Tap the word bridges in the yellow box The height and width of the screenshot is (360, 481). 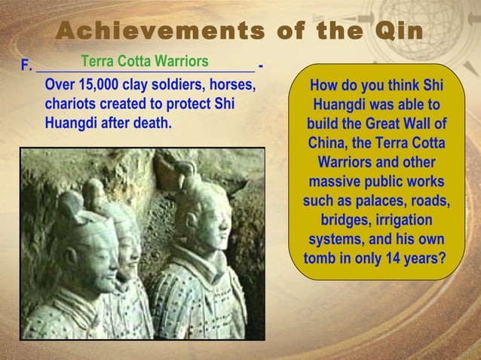tap(345, 221)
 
